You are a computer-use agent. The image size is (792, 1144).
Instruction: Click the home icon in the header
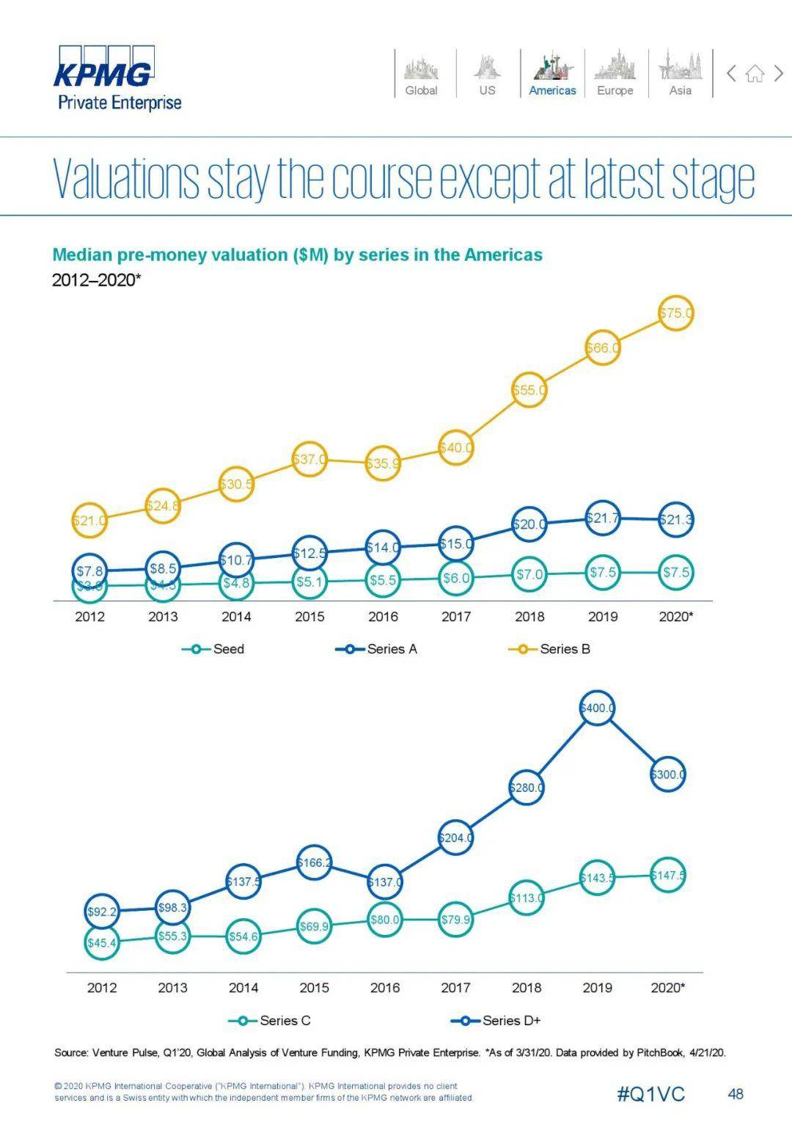755,73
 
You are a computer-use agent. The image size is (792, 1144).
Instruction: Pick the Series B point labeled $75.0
675,313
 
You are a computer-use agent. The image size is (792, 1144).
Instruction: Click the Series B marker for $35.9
383,463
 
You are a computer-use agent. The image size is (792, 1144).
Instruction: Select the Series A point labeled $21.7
603,518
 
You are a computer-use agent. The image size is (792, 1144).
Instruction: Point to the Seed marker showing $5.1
309,582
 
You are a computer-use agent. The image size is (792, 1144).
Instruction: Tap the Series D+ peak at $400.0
597,708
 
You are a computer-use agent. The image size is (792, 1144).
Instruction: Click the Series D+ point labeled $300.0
667,774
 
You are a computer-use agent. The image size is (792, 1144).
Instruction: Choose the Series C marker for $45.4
102,942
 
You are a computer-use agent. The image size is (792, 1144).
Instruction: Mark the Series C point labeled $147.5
667,875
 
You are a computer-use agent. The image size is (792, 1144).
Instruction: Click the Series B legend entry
550,649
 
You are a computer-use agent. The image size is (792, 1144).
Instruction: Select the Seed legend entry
213,649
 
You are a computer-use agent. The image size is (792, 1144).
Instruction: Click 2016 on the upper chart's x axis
383,617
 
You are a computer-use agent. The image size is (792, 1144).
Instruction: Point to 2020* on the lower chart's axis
667,988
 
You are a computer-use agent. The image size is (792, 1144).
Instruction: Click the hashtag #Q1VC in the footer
650,1094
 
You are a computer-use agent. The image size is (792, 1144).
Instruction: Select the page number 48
736,1094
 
